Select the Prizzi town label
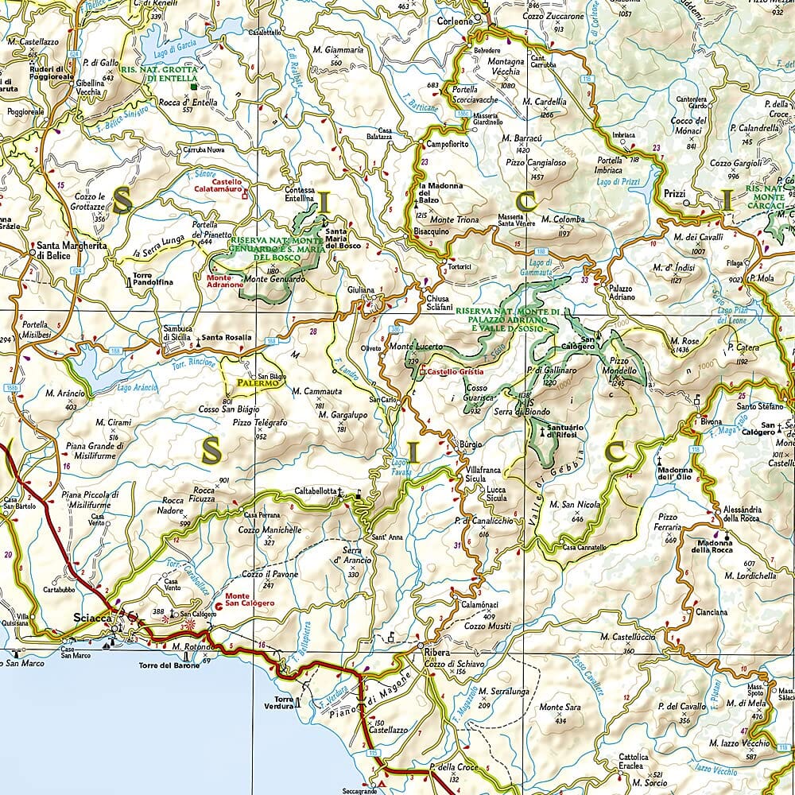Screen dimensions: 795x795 click(673, 193)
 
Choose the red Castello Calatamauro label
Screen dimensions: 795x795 click(215, 185)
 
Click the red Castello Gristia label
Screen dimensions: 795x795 click(456, 372)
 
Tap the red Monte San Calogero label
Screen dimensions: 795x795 click(249, 599)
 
